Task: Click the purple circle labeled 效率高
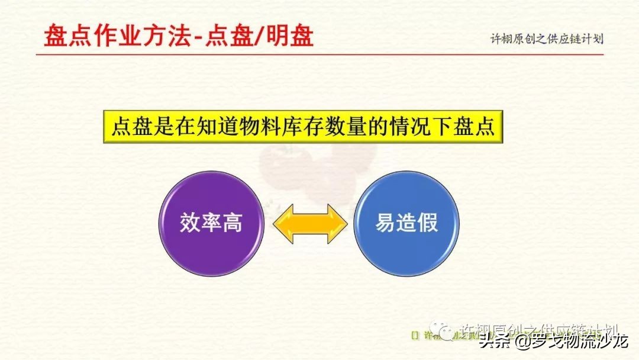coord(211,224)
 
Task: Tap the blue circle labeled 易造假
coord(406,224)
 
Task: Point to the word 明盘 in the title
coord(291,36)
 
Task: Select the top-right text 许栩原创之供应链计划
coord(547,39)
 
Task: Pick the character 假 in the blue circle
coord(427,224)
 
